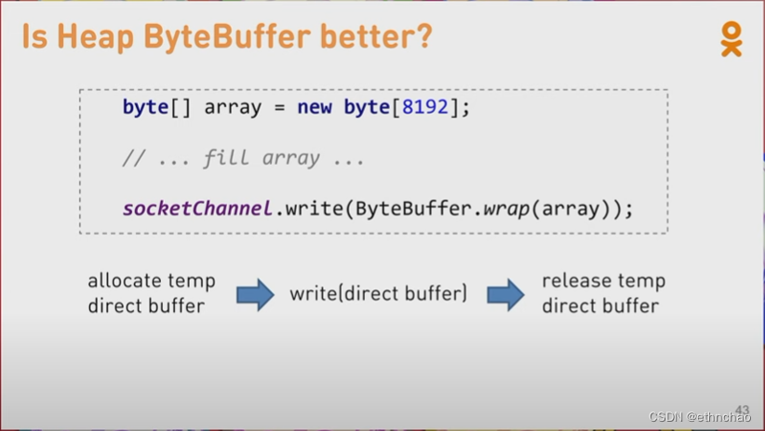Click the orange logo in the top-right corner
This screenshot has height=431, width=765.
pyautogui.click(x=731, y=38)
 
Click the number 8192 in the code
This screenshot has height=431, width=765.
pyautogui.click(x=425, y=107)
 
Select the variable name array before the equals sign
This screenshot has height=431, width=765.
pyautogui.click(x=233, y=107)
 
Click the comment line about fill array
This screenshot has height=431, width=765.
pyautogui.click(x=244, y=157)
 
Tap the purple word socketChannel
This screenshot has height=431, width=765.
pyautogui.click(x=197, y=208)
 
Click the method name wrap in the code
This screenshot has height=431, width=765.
pyautogui.click(x=506, y=208)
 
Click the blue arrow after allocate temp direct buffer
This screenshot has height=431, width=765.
pyautogui.click(x=255, y=294)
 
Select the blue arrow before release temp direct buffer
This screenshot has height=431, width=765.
pyautogui.click(x=505, y=294)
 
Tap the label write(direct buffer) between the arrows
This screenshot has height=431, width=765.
pyautogui.click(x=378, y=294)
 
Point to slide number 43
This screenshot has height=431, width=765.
pyautogui.click(x=742, y=410)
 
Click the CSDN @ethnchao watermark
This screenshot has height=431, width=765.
pyautogui.click(x=700, y=417)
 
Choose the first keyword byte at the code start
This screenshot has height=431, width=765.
pyautogui.click(x=145, y=107)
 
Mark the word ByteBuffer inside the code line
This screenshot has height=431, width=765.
pyautogui.click(x=413, y=208)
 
